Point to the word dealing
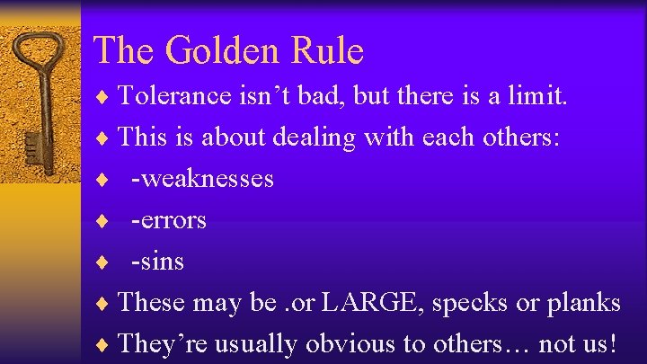coord(303,138)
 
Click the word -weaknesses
coord(202,179)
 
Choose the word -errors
coord(169,220)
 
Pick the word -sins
coord(157,262)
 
